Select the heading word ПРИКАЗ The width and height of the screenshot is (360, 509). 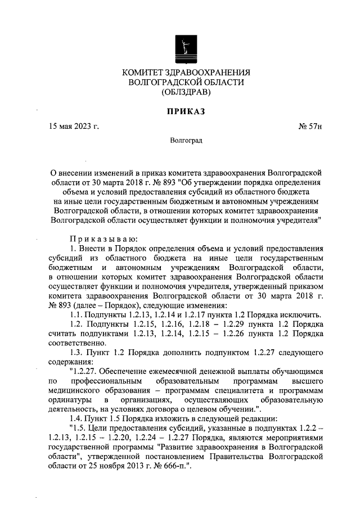point(185,111)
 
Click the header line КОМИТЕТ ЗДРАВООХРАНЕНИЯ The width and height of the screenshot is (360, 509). point(186,73)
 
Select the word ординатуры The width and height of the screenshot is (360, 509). point(70,399)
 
